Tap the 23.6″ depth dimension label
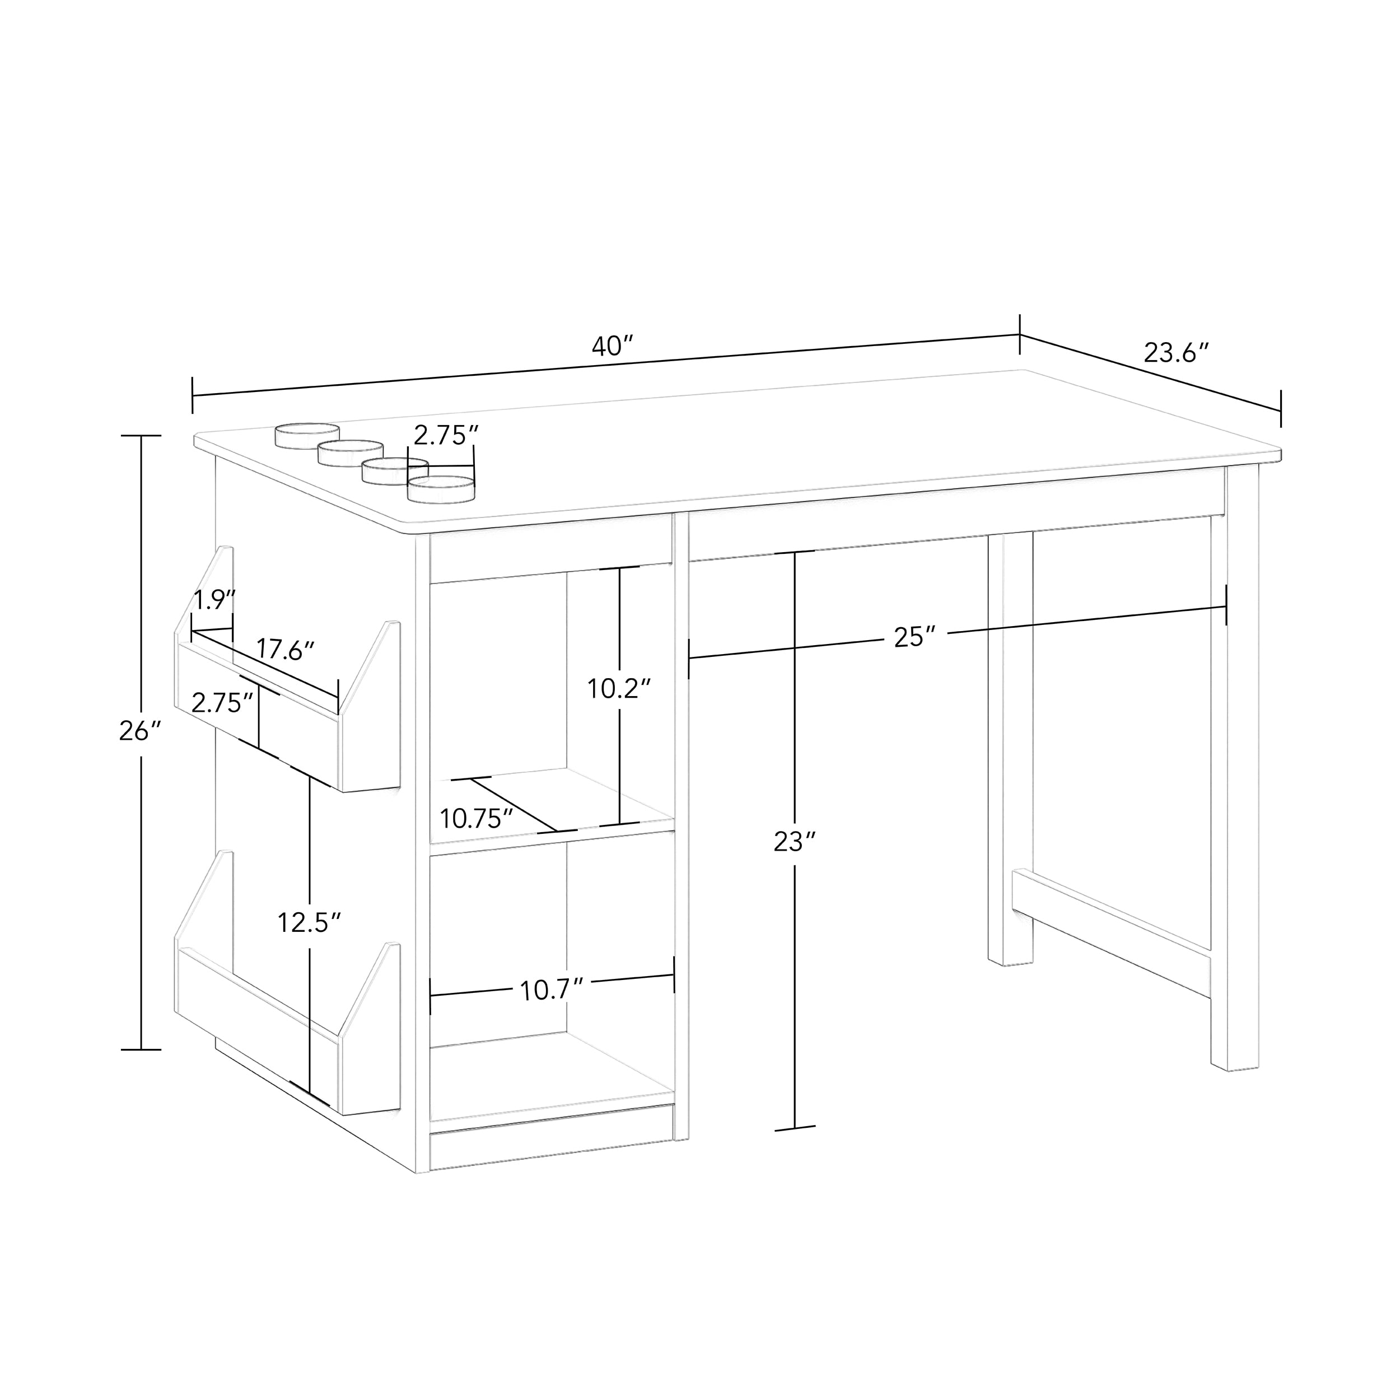point(1177,353)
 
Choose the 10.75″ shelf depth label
point(477,819)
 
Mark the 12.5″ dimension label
point(310,922)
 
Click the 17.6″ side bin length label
point(285,650)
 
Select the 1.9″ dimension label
point(214,600)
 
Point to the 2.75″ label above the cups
point(446,435)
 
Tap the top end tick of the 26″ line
point(141,436)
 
